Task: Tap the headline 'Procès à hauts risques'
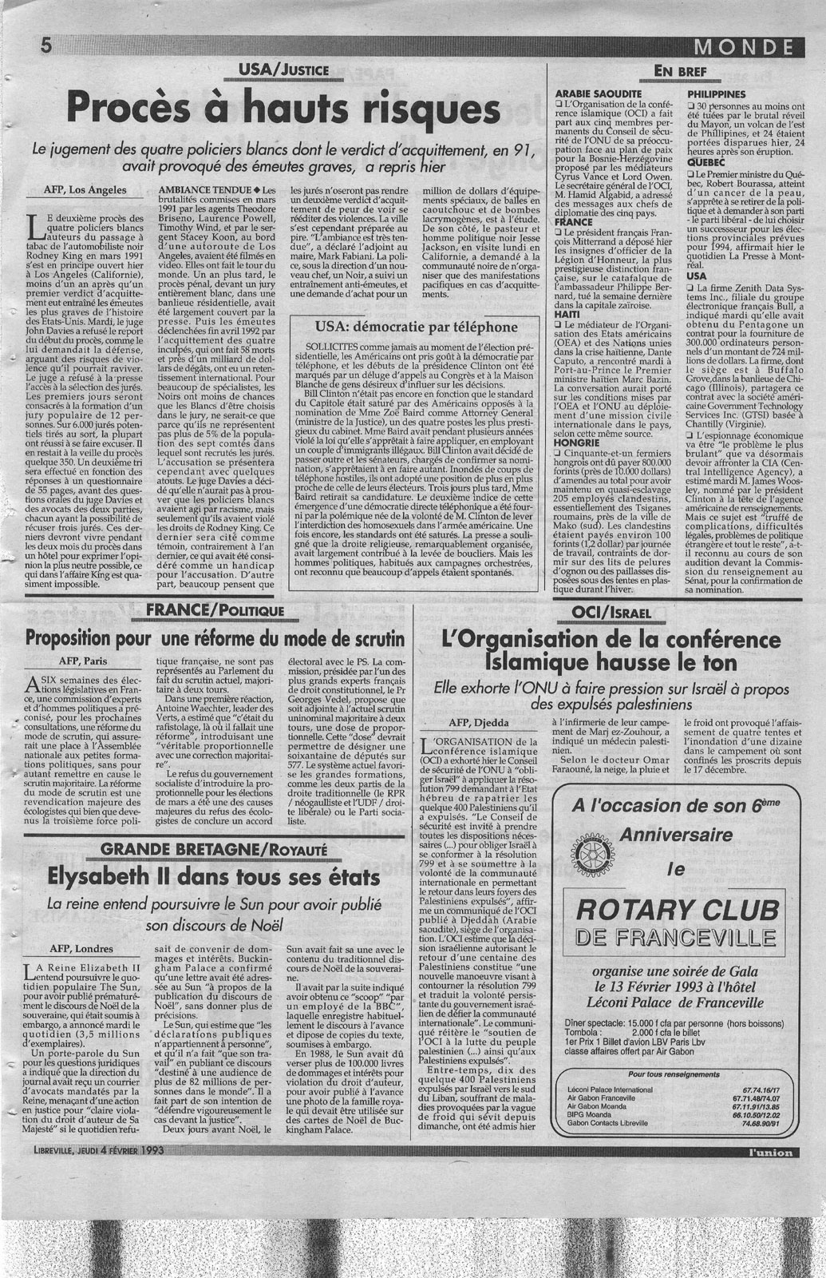coord(283,106)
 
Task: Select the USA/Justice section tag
coord(278,70)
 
